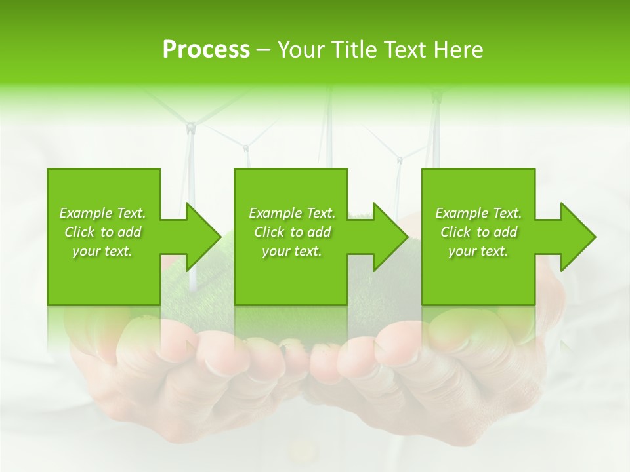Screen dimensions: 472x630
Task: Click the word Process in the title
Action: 206,50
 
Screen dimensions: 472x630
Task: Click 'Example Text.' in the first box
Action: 103,213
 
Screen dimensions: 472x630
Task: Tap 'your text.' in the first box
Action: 103,251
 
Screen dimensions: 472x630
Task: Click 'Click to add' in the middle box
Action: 292,232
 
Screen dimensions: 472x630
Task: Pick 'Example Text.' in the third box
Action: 478,213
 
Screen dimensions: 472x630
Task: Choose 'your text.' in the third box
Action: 478,251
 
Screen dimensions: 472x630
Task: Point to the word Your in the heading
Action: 301,50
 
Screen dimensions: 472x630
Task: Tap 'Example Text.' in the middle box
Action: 292,213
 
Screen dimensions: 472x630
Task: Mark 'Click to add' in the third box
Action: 478,232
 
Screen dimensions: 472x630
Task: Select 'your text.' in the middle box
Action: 292,251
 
